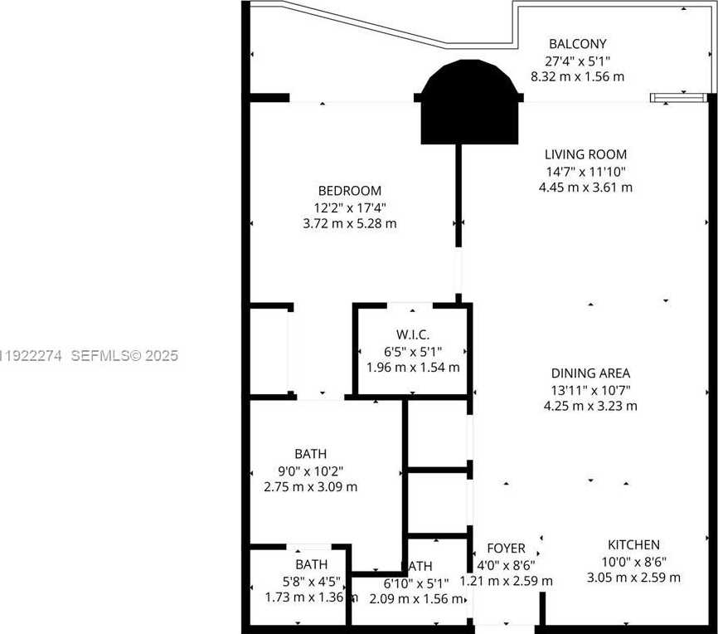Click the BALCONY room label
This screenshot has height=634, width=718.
point(578,44)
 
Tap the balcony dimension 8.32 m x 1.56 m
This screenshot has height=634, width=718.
point(577,76)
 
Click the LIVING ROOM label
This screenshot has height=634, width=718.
point(585,154)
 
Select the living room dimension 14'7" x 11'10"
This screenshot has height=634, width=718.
point(585,171)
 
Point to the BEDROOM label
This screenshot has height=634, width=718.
point(349,190)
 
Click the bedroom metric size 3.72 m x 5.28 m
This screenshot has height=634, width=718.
point(349,223)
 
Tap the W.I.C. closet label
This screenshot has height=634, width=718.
point(412,334)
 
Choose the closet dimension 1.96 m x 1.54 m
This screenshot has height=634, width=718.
point(412,367)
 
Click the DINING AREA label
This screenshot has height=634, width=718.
point(590,373)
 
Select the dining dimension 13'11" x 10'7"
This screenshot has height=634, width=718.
point(590,390)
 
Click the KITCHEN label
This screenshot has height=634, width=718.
point(633,545)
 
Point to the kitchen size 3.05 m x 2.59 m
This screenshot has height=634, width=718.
point(633,578)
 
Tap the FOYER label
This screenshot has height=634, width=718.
point(506,549)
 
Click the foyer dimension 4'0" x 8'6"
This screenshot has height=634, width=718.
point(506,565)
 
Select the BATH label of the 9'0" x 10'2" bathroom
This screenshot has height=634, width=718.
point(310,454)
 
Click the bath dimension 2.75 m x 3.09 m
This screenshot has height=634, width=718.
point(310,487)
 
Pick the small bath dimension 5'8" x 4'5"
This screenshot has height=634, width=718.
point(310,581)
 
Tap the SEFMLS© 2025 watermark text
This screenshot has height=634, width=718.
point(124,356)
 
